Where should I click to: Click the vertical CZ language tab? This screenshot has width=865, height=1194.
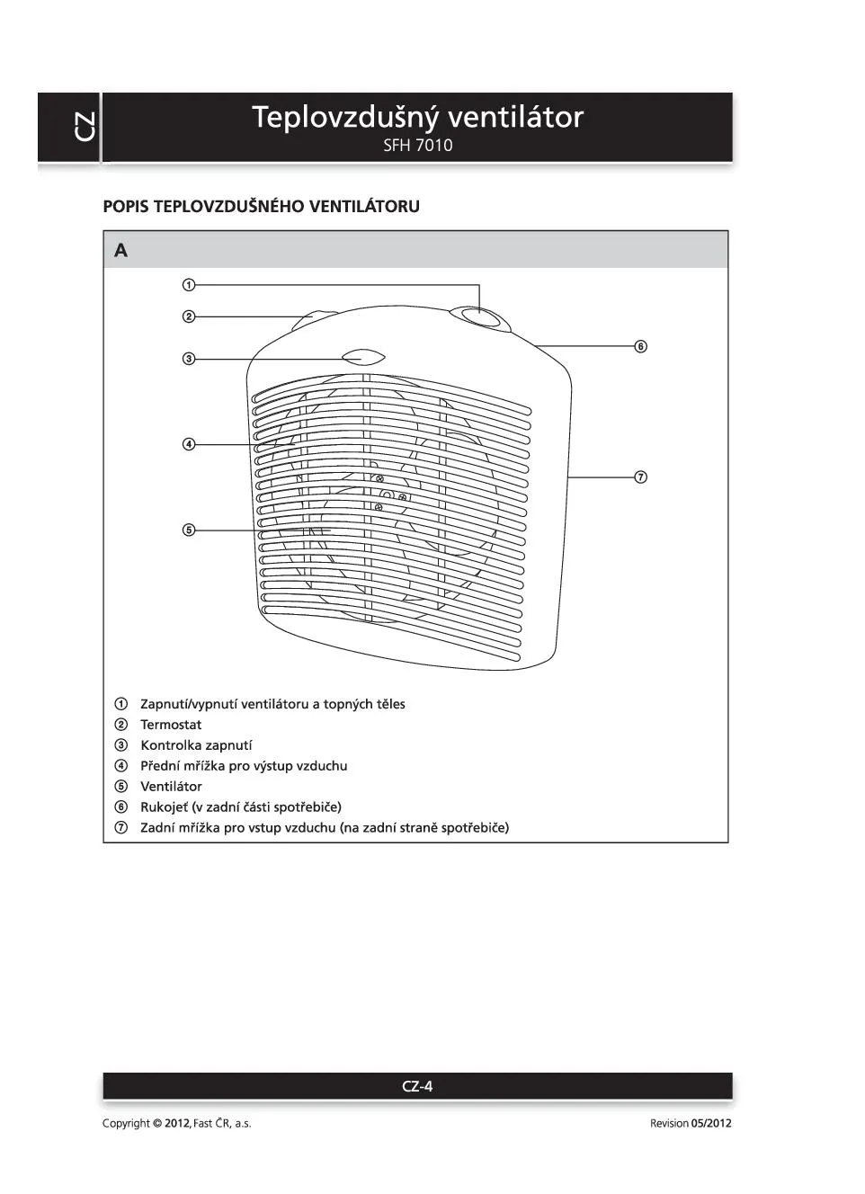click(85, 127)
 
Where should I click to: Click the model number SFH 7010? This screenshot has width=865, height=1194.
click(417, 146)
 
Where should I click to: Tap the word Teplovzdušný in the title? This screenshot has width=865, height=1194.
click(344, 117)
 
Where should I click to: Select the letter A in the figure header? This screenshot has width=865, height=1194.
click(121, 251)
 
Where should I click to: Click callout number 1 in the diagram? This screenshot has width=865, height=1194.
click(189, 285)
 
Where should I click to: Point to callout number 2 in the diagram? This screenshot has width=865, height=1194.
click(189, 316)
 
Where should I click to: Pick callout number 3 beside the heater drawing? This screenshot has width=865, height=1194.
click(189, 359)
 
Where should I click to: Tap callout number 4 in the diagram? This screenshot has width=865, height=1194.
click(189, 444)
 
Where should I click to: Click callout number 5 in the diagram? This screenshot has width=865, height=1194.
click(189, 530)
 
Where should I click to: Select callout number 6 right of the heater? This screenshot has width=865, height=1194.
click(641, 346)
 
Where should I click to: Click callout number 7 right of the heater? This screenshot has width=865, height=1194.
click(641, 477)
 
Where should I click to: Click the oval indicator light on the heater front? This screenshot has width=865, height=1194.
click(363, 358)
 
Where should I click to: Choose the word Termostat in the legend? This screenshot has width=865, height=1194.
click(171, 725)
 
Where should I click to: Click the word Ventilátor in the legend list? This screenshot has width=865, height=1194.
click(171, 787)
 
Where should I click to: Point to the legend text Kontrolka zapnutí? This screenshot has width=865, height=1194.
click(196, 745)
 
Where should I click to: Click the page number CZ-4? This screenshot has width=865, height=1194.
click(417, 1086)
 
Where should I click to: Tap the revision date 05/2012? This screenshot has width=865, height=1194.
click(711, 1123)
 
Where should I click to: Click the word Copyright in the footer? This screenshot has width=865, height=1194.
click(126, 1123)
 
